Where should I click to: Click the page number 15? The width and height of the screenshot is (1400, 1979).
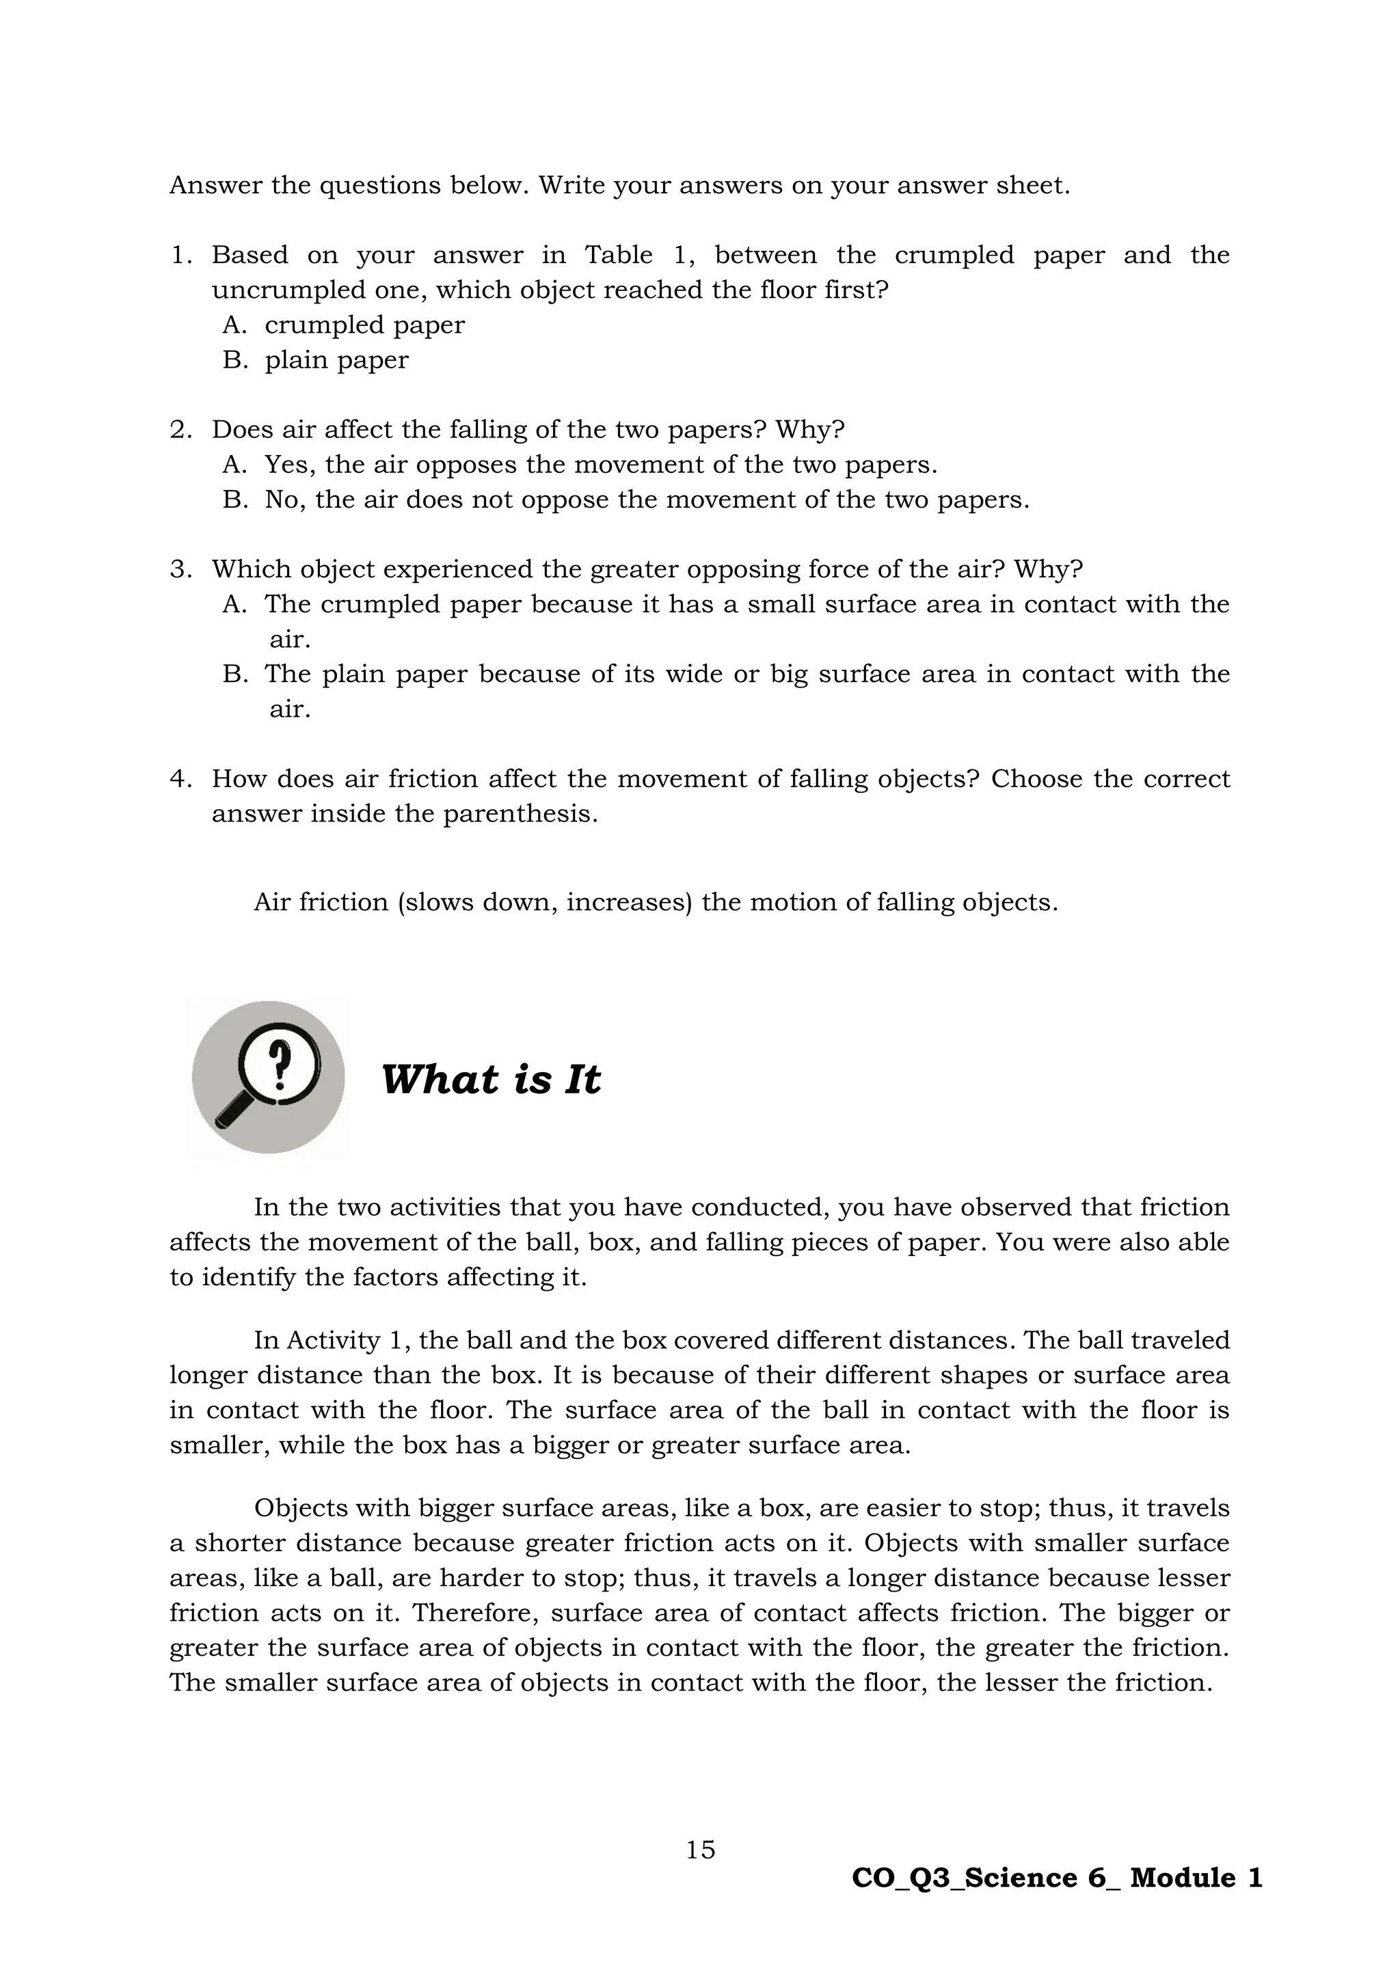coord(700,1850)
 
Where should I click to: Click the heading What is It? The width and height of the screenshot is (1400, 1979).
coord(491,1079)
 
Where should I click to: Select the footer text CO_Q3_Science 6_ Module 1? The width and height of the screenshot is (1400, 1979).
coord(1057,1878)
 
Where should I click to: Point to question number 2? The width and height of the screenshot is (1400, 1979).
coord(180,429)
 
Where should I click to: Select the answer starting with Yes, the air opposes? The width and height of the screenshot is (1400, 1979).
coord(600,465)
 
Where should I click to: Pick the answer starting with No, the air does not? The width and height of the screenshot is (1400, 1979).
coord(647,500)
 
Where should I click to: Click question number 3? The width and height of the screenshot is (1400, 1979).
coord(180,569)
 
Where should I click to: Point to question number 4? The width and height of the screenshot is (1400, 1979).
coord(180,778)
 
